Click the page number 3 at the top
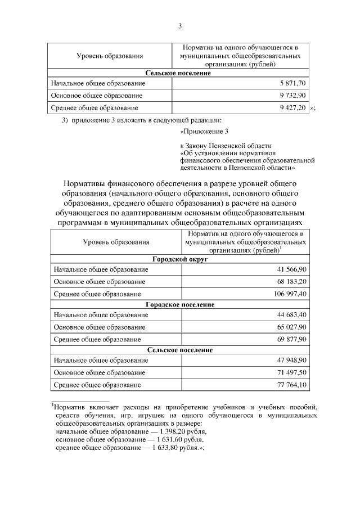coord(179,26)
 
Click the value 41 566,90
coord(290,271)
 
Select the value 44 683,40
coord(290,315)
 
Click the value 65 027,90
coord(290,327)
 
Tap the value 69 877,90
coord(290,340)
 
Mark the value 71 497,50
coord(290,373)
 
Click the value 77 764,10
coord(290,385)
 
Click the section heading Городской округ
coord(180,260)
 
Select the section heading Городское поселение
coord(180,304)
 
